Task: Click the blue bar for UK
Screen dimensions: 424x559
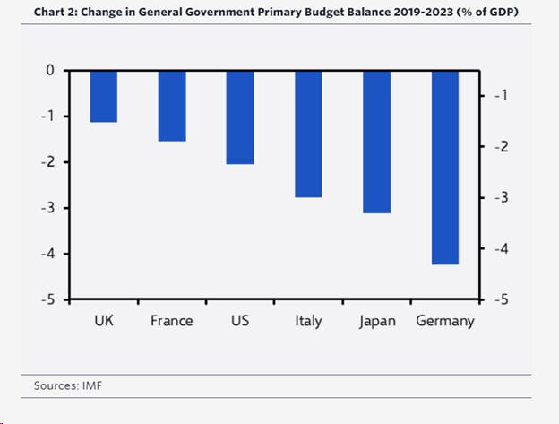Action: (x=104, y=96)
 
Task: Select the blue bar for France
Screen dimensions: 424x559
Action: (x=172, y=106)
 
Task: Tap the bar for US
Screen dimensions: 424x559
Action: (x=240, y=117)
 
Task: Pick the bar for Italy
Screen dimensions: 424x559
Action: (x=308, y=134)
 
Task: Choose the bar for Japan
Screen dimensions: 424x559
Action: (x=377, y=142)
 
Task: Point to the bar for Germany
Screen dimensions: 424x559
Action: (x=445, y=168)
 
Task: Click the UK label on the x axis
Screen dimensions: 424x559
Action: (x=104, y=321)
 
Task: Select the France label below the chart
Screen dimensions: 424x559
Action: (x=172, y=321)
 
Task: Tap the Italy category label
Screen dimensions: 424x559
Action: (x=308, y=321)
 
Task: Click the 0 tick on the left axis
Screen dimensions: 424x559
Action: (x=50, y=70)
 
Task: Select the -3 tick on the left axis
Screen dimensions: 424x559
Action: (x=47, y=208)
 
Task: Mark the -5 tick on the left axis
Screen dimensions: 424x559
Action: (x=47, y=299)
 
